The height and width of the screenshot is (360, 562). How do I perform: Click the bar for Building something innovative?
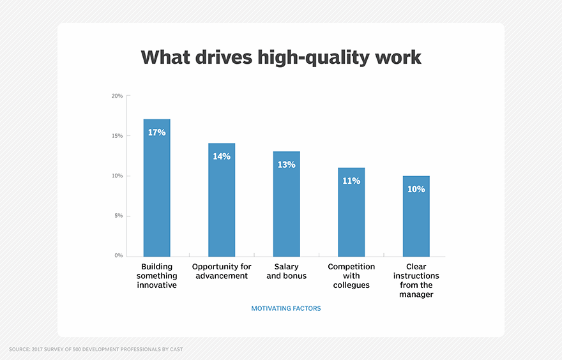pyautogui.click(x=156, y=188)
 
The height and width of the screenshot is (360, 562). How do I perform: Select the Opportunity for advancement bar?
pyautogui.click(x=222, y=200)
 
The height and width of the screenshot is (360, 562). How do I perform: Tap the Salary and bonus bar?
pyautogui.click(x=286, y=204)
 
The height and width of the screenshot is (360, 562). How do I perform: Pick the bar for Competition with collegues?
pyautogui.click(x=351, y=212)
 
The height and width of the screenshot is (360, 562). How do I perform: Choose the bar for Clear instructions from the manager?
pyautogui.click(x=416, y=216)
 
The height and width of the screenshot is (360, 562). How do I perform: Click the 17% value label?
pyautogui.click(x=156, y=133)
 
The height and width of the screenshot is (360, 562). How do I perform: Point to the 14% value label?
pyautogui.click(x=222, y=156)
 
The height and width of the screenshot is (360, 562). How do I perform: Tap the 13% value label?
pyautogui.click(x=286, y=165)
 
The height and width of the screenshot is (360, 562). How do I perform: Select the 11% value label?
pyautogui.click(x=351, y=181)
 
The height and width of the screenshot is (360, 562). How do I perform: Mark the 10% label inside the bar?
pyautogui.click(x=416, y=189)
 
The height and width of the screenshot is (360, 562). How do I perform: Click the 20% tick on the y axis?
pyautogui.click(x=118, y=96)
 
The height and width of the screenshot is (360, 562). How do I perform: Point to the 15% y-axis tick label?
pyautogui.click(x=118, y=136)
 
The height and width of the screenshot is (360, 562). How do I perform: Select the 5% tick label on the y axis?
pyautogui.click(x=119, y=216)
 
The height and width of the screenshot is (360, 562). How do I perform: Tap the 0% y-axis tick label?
pyautogui.click(x=119, y=255)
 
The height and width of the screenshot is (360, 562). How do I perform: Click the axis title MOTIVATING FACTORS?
pyautogui.click(x=286, y=308)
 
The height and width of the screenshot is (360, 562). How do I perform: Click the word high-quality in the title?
pyautogui.click(x=314, y=58)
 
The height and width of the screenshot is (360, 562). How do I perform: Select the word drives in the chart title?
pyautogui.click(x=224, y=57)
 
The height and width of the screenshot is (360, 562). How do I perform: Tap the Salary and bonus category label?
pyautogui.click(x=286, y=271)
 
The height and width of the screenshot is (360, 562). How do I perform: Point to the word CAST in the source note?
pyautogui.click(x=176, y=349)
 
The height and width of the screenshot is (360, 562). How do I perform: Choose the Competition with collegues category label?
pyautogui.click(x=351, y=276)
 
